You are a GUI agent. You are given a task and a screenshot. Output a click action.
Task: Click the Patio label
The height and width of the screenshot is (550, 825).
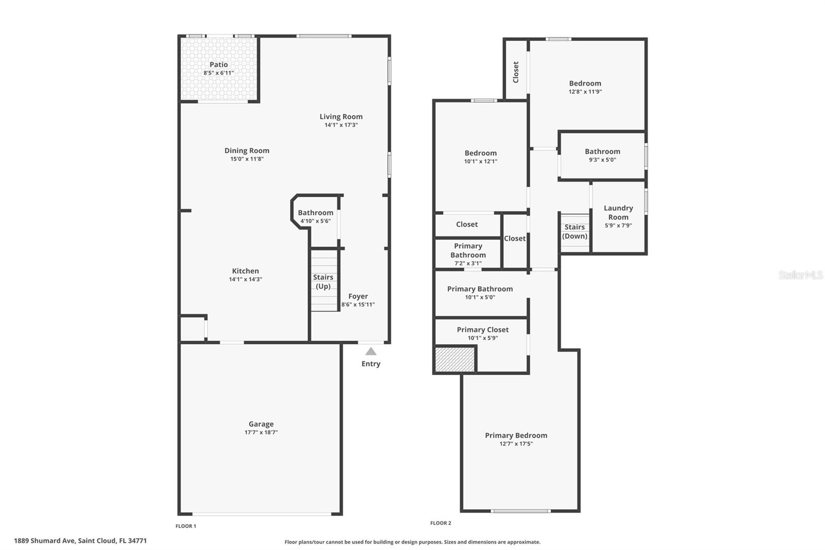pos(219,65)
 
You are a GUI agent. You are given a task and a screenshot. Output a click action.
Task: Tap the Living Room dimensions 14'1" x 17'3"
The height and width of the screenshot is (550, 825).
pos(341,125)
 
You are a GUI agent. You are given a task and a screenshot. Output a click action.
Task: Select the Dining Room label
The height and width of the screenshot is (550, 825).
pos(246,151)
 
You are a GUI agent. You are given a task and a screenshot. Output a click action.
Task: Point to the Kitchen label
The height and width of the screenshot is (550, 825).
pos(245,271)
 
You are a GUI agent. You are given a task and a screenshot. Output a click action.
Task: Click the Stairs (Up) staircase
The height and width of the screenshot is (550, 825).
pos(323,281)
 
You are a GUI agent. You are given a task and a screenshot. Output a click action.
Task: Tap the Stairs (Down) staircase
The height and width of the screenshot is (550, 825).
pos(574,232)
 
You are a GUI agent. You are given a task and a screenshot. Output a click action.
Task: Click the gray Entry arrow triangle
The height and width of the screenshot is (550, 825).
pos(371,352)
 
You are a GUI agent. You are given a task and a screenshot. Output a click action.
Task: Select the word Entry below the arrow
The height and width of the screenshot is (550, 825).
pos(371,364)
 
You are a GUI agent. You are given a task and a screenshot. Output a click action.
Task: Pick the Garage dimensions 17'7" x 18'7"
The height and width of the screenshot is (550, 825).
pos(261,432)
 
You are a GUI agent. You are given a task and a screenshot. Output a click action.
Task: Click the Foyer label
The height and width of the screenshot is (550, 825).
pos(358,296)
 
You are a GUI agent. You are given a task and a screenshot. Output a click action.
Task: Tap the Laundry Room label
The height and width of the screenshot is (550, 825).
pos(618,213)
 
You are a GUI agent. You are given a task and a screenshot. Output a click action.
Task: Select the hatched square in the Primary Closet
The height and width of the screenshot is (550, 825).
pos(454,360)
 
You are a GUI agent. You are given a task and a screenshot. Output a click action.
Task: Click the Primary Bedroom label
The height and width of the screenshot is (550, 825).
pos(516,435)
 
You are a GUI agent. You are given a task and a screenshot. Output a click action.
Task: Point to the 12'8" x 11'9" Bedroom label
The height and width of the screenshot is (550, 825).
pos(585,84)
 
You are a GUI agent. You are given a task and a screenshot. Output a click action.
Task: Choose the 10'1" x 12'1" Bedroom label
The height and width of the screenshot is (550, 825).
pos(481,153)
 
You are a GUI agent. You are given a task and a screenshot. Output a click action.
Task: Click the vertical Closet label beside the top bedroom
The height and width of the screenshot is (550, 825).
pos(516,72)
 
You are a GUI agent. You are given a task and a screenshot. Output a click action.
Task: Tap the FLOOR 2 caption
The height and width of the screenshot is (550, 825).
pos(440,523)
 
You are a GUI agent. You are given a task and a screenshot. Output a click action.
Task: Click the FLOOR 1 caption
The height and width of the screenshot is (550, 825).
pos(186,526)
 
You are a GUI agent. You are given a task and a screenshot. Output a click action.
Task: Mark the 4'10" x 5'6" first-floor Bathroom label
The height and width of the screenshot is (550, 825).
pos(315,213)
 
